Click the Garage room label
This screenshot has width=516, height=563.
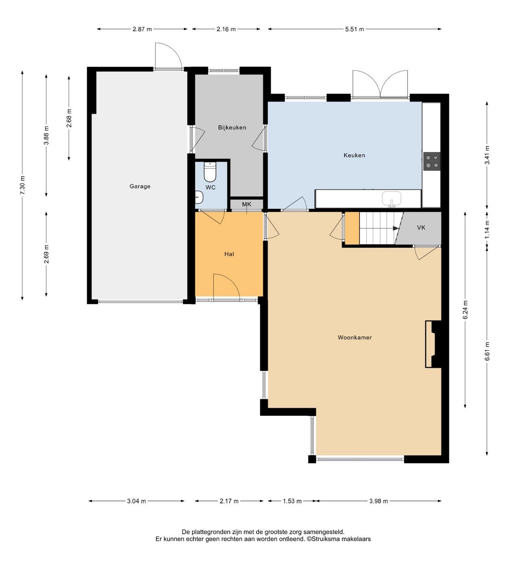pyautogui.click(x=140, y=186)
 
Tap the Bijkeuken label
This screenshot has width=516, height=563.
pyautogui.click(x=232, y=127)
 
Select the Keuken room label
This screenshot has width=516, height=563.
pyautogui.click(x=354, y=155)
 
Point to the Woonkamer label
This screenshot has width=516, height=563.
pyautogui.click(x=355, y=337)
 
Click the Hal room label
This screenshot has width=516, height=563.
pyautogui.click(x=229, y=254)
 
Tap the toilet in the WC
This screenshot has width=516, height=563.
pyautogui.click(x=210, y=172)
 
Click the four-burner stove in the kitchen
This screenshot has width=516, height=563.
pyautogui.click(x=432, y=161)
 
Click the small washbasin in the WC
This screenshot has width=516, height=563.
pyautogui.click(x=199, y=197)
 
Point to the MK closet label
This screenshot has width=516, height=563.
pyautogui.click(x=247, y=204)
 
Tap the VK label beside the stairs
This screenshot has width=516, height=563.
pyautogui.click(x=421, y=228)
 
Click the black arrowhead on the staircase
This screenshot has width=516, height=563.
pyautogui.click(x=396, y=228)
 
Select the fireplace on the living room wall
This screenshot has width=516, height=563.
pyautogui.click(x=433, y=344)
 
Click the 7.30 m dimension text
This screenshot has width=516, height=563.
pyautogui.click(x=23, y=185)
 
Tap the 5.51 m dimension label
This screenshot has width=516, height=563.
pyautogui.click(x=354, y=29)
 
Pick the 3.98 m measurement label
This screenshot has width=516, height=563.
pyautogui.click(x=378, y=501)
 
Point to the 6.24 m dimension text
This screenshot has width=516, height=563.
pyautogui.click(x=466, y=310)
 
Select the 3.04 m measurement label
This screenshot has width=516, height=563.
pyautogui.click(x=136, y=501)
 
